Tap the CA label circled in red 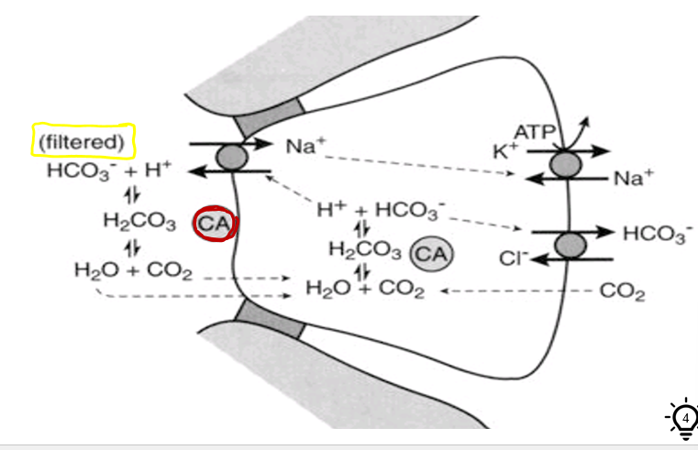(216, 225)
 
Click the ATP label (536, 134)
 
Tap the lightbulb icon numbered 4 (683, 418)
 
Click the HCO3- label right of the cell (657, 233)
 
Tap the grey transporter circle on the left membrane (231, 155)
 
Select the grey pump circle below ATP (566, 166)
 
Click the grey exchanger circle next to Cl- (570, 245)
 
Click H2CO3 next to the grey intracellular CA (364, 248)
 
